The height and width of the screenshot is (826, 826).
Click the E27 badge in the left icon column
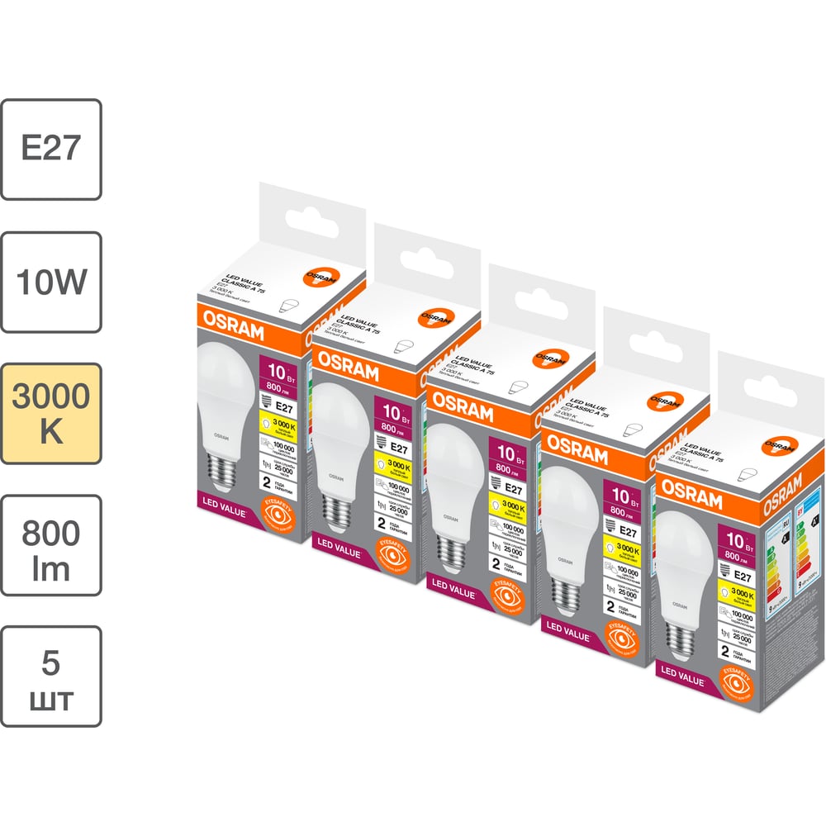(x=51, y=149)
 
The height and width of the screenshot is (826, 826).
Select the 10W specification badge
(x=51, y=282)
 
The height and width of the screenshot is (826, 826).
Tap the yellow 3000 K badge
(x=51, y=413)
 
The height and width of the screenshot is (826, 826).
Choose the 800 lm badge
(x=51, y=545)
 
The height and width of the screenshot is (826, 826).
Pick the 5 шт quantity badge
(x=51, y=676)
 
